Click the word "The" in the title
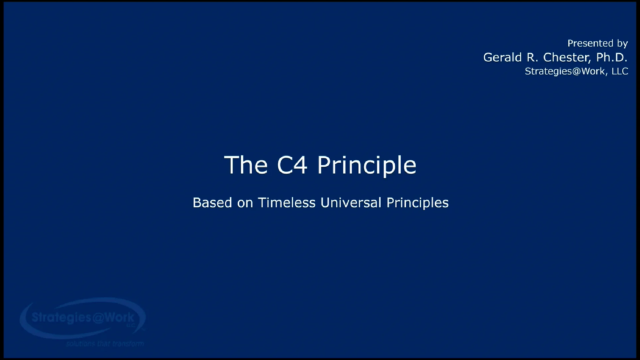pos(246,165)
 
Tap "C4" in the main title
pos(292,165)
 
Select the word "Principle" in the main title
pos(367,166)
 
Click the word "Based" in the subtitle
pos(212,203)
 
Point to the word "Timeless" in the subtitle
pos(287,203)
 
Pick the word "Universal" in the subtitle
pos(351,203)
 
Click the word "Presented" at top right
pos(590,43)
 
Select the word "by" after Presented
pos(622,44)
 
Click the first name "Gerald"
pos(502,57)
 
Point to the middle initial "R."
pos(532,57)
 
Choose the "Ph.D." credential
pos(612,57)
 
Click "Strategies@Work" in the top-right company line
pos(565,71)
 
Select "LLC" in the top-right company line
pos(620,71)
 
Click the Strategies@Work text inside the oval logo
pos(83,317)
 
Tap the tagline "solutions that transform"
pos(105,343)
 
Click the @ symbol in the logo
pos(98,318)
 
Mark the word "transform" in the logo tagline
pos(128,343)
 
